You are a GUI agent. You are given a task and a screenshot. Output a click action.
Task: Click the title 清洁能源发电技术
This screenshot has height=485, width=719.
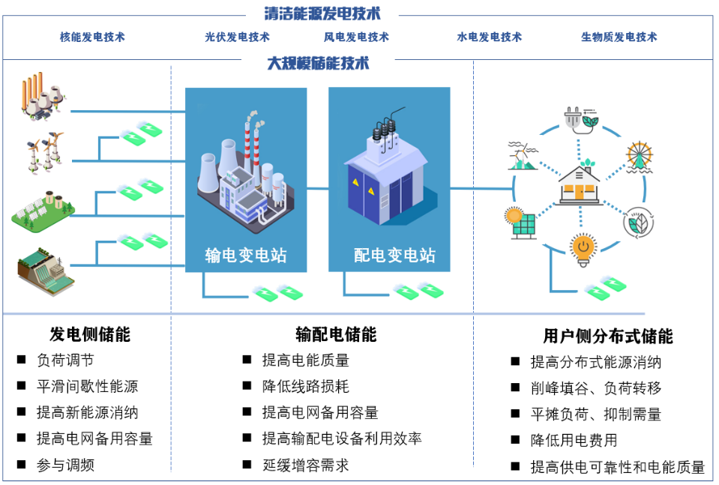click(322, 13)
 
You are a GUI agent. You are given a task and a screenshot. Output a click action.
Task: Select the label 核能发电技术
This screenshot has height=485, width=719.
click(92, 37)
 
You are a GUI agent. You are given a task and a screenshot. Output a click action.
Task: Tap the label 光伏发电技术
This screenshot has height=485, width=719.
click(237, 37)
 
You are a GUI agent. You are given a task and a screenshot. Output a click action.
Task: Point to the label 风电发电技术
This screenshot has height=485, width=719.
click(356, 37)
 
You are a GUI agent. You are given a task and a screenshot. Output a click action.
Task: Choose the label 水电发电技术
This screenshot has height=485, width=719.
click(490, 37)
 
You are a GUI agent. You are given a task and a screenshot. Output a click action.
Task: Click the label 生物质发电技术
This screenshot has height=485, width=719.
click(619, 37)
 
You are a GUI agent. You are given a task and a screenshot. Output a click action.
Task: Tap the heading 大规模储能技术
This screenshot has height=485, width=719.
click(318, 63)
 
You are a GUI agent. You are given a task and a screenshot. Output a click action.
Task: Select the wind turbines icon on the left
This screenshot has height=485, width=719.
click(44, 151)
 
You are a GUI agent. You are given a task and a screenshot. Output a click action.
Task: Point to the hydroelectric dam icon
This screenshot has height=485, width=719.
click(45, 271)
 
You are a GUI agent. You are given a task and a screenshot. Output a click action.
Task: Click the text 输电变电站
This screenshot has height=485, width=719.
click(246, 256)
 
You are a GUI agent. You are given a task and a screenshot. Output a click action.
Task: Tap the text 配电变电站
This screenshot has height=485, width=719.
click(394, 256)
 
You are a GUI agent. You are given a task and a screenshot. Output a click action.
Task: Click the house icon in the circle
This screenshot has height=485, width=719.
click(580, 182)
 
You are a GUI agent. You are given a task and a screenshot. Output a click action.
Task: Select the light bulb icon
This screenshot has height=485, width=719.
click(583, 250)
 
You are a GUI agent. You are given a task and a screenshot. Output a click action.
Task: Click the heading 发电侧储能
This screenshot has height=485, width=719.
click(90, 334)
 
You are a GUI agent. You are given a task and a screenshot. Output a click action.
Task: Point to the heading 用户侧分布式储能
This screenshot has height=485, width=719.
click(608, 336)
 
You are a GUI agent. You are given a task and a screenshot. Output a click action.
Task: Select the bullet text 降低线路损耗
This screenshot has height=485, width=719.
click(305, 387)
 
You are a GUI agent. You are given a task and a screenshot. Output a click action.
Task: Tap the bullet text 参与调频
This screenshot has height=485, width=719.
click(65, 465)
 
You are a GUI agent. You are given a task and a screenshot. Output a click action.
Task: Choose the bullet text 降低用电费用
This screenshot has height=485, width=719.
click(574, 440)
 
